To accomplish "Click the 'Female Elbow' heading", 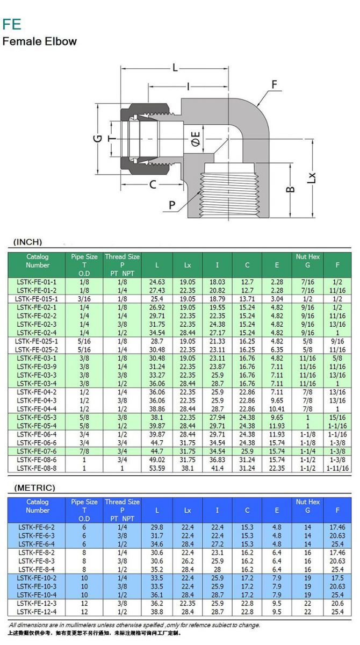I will point(40,41).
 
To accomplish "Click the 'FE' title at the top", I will point(12,24).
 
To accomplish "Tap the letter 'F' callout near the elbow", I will point(275,85).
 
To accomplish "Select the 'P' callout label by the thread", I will point(172,204).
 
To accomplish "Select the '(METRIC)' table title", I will point(34,488).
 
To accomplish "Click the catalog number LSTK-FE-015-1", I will point(37,299).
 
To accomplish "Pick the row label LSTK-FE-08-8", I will point(37,468).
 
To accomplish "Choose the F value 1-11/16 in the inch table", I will point(337,468).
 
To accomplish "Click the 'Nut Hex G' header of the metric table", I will point(308,506).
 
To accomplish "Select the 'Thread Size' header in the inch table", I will point(122,256).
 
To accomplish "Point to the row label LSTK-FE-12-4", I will point(37,612).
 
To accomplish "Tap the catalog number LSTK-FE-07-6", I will point(37,451).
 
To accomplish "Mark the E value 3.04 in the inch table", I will point(277,299).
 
